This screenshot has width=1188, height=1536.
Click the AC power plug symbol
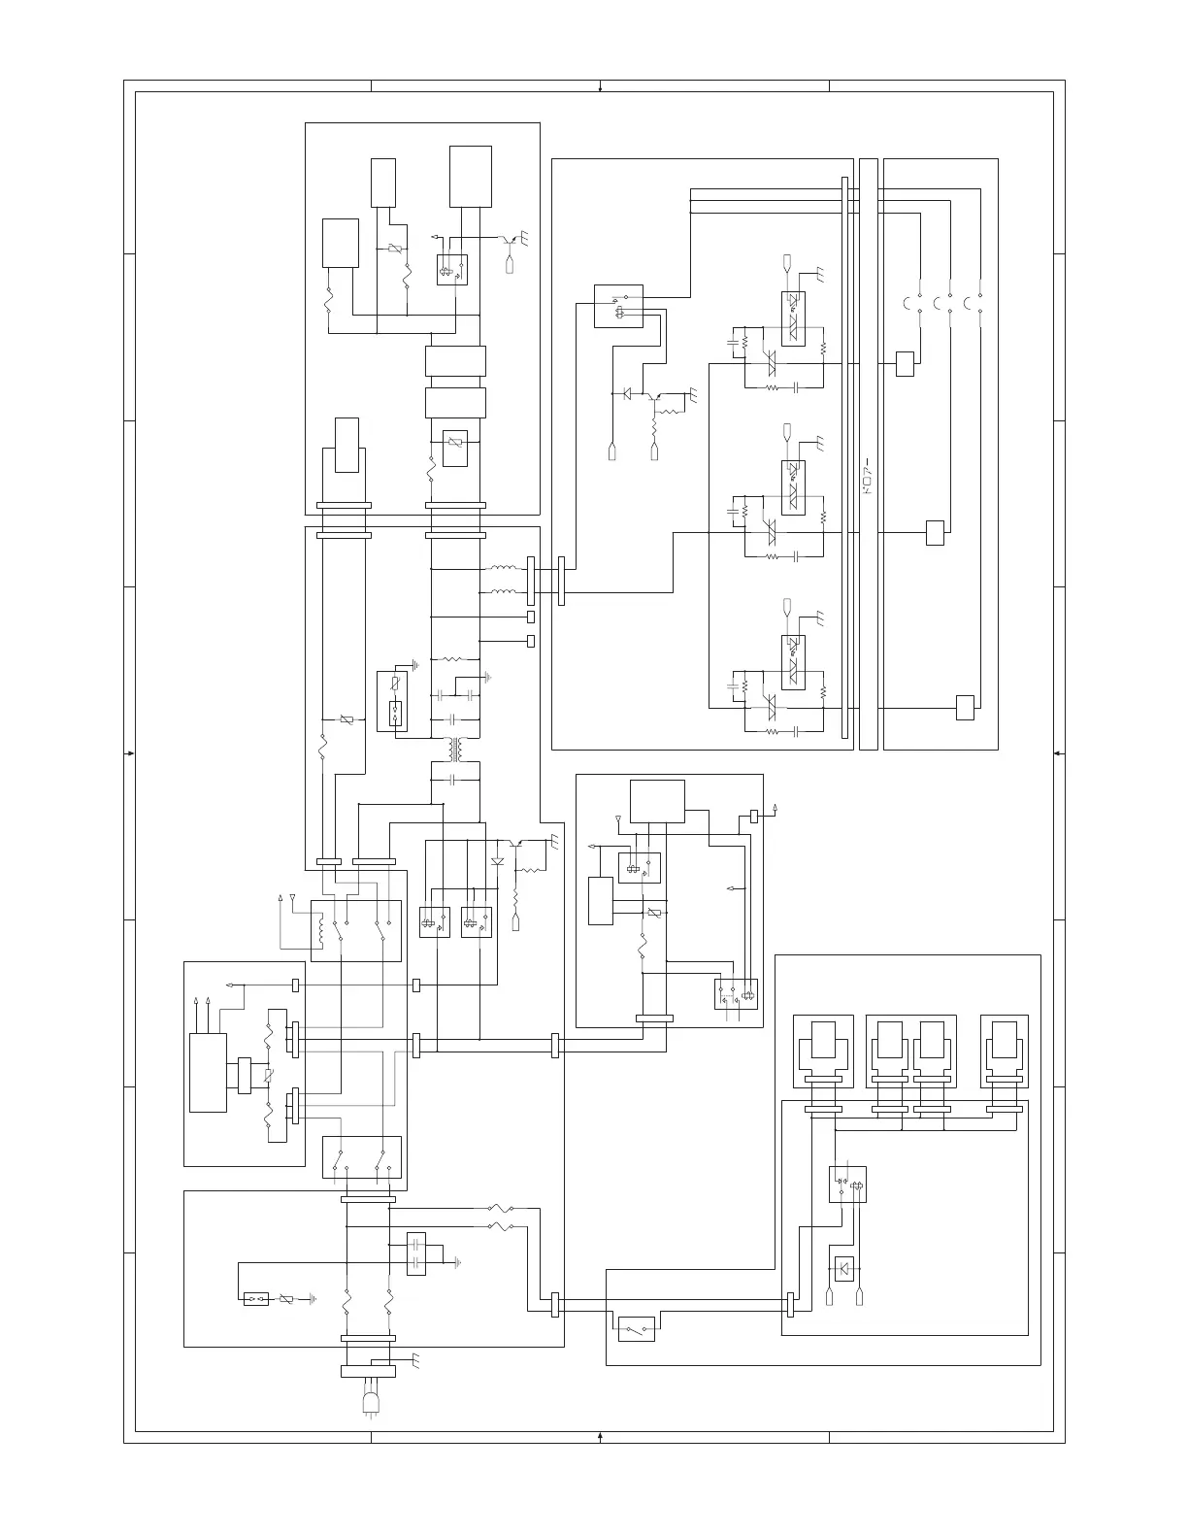click(x=371, y=1401)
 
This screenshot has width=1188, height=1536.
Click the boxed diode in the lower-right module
click(x=844, y=1268)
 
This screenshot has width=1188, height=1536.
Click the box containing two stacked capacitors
click(x=416, y=1252)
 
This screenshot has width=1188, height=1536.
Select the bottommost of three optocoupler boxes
click(x=794, y=662)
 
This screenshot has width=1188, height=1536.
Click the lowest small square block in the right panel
click(x=965, y=708)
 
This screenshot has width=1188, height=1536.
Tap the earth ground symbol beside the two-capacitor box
click(x=457, y=1263)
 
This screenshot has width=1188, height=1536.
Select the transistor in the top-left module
click(x=505, y=239)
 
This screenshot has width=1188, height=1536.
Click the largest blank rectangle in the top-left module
click(x=471, y=177)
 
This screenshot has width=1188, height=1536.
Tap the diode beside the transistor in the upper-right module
click(x=627, y=393)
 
